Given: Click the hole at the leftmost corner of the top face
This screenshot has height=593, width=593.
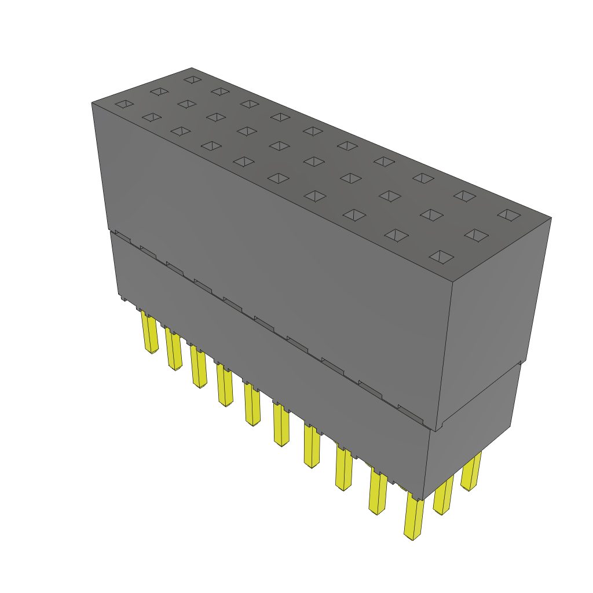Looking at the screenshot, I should pyautogui.click(x=124, y=104).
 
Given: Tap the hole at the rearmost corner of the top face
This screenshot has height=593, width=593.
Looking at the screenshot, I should pyautogui.click(x=192, y=79).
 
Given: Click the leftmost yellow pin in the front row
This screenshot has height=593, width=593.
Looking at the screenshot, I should pyautogui.click(x=149, y=334).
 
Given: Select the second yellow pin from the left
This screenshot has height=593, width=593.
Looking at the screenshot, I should pyautogui.click(x=173, y=350).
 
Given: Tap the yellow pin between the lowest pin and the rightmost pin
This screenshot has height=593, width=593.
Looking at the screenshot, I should pyautogui.click(x=444, y=495).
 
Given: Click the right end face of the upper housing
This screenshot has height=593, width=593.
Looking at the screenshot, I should pyautogui.click(x=492, y=307).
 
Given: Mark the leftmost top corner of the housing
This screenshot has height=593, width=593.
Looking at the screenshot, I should pyautogui.click(x=92, y=103).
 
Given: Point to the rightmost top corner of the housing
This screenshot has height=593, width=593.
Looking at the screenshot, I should pyautogui.click(x=551, y=218).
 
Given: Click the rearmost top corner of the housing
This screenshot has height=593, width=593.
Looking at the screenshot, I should pyautogui.click(x=192, y=68).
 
